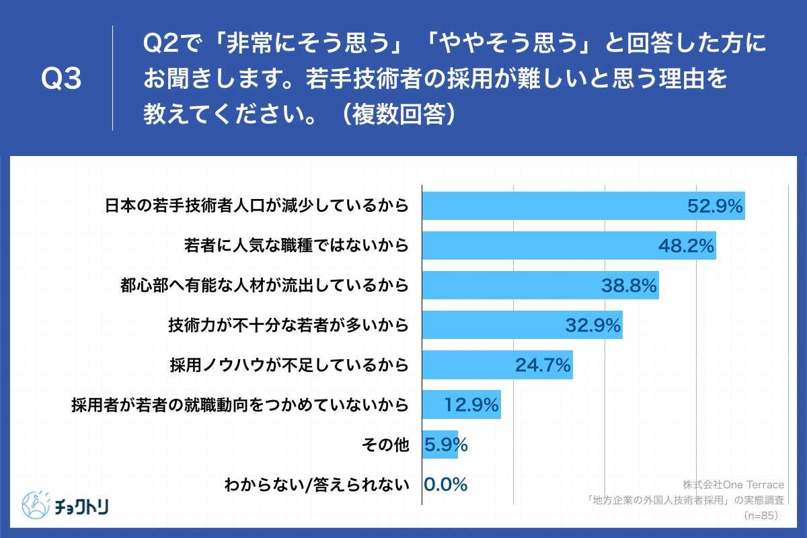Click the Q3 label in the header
(x=61, y=79)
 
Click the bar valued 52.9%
(x=582, y=206)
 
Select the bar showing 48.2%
(x=568, y=245)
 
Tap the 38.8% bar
(x=539, y=286)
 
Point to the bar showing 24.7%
(x=497, y=365)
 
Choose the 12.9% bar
(x=461, y=405)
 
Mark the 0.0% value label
(x=445, y=484)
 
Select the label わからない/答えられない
(x=317, y=484)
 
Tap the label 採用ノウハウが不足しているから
(x=289, y=365)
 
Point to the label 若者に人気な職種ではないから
(x=297, y=245)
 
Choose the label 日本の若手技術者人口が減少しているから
(x=257, y=206)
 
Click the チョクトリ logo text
(x=83, y=504)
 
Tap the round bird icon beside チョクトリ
(x=36, y=504)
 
